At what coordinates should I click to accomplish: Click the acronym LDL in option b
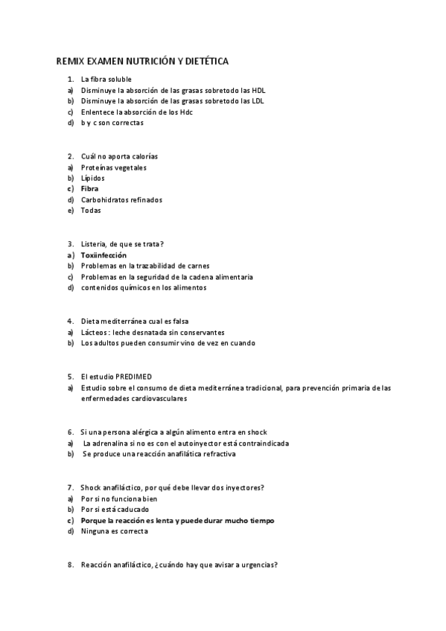258,100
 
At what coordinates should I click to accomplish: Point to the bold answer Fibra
89,189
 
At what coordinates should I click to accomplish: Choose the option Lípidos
93,178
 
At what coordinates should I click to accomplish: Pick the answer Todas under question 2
91,210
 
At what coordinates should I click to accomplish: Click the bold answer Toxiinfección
103,254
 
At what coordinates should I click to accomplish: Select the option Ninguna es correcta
115,531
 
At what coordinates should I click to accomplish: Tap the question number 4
69,321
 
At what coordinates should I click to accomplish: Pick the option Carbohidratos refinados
121,199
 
